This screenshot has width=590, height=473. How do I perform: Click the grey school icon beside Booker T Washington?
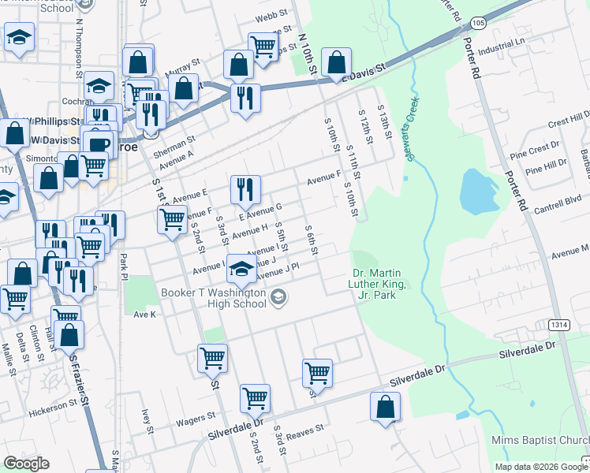(278, 297)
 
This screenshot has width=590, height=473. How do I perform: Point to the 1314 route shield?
(558, 325)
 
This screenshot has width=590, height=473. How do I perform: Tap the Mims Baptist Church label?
(540, 440)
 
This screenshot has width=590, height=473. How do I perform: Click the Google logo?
(27, 464)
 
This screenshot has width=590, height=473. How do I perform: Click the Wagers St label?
(194, 418)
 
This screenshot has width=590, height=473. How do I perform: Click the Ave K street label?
(145, 314)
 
